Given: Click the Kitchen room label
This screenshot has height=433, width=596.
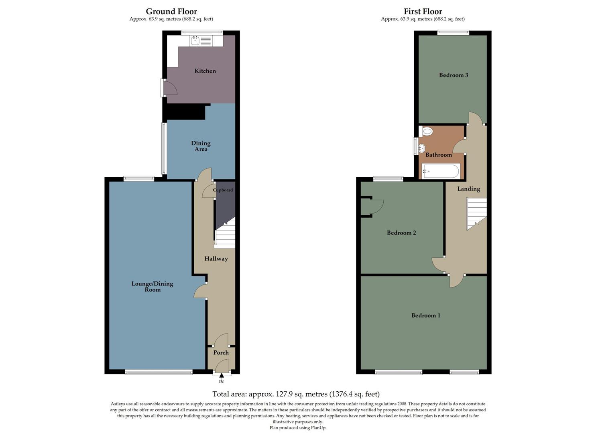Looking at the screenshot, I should (205, 71).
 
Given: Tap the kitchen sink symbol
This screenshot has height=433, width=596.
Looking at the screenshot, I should (195, 40).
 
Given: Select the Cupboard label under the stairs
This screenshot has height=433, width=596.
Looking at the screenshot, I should (223, 190).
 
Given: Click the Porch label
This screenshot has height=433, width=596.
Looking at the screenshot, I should (221, 353).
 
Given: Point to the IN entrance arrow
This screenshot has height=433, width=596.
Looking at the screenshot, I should (221, 376).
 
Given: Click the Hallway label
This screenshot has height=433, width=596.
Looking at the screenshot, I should (216, 259).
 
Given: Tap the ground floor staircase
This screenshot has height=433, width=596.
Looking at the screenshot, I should (225, 237).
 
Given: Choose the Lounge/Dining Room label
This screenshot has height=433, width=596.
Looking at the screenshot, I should (153, 287).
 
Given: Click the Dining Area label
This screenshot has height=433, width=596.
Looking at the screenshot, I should (201, 146).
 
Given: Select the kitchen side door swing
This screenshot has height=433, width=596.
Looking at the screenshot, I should (170, 88).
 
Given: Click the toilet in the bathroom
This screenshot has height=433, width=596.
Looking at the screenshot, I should (427, 131).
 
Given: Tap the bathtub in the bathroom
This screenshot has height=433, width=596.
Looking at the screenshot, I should (441, 171).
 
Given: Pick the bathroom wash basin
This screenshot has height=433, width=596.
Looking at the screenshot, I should (421, 148).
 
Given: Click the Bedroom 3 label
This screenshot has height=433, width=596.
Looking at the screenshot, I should (454, 75).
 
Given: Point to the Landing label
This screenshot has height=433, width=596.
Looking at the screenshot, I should (468, 189).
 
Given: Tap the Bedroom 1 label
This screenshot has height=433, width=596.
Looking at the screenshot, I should (425, 316).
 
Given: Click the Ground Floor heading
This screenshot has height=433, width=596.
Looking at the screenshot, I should (171, 11).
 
